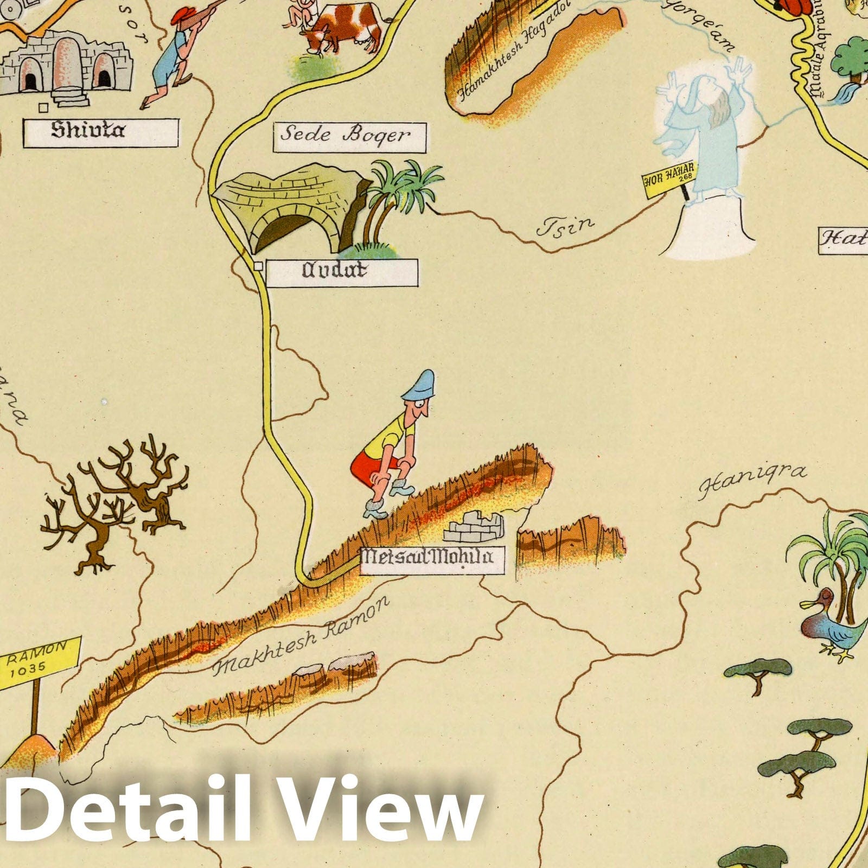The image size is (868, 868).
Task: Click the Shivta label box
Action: pyautogui.click(x=100, y=132)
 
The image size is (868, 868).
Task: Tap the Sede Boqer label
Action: pyautogui.click(x=349, y=137)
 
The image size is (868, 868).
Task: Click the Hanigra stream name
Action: pyautogui.click(x=752, y=481)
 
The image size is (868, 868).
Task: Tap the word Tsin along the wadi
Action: pyautogui.click(x=566, y=225)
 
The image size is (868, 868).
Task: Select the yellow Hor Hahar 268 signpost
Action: pyautogui.click(x=669, y=176)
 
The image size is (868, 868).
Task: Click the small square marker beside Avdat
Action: pyautogui.click(x=259, y=266)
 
